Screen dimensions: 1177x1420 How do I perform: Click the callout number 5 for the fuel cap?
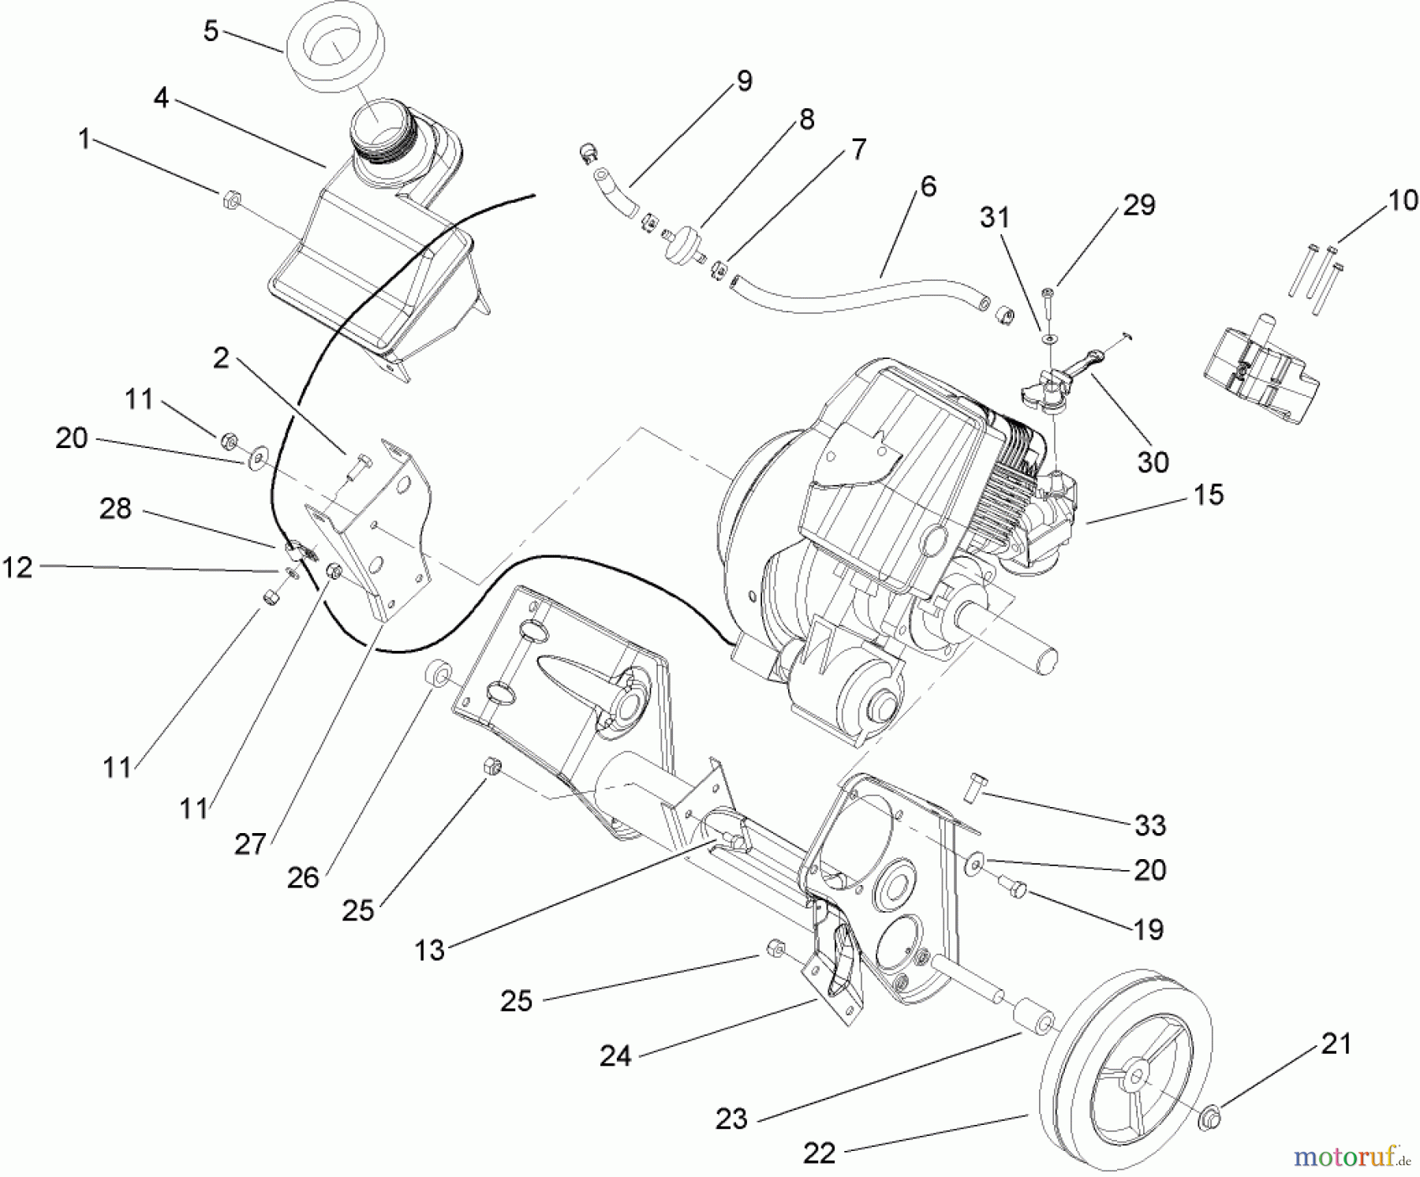click(x=210, y=32)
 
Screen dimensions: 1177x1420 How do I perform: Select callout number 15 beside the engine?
click(x=1208, y=495)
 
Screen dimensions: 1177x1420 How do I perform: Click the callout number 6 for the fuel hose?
click(x=928, y=186)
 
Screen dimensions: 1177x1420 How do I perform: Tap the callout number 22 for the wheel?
click(x=819, y=1153)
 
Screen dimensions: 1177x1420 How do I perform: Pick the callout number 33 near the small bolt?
click(x=1149, y=825)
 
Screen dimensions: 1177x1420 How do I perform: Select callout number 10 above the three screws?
click(x=1402, y=200)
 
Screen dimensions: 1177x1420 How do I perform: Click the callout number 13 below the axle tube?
click(x=429, y=951)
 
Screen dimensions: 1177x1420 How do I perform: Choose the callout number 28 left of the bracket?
click(x=115, y=509)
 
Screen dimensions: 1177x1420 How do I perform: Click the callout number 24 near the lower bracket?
click(x=615, y=1056)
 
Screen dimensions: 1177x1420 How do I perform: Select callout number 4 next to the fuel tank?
click(x=161, y=98)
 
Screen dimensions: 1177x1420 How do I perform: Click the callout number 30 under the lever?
click(x=1152, y=461)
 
